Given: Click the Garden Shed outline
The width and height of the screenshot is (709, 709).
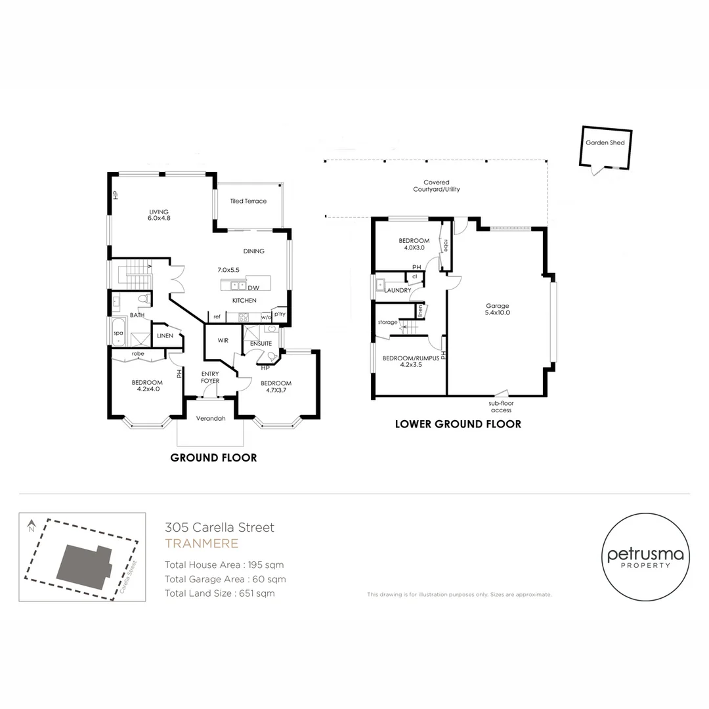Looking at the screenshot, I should (605, 149).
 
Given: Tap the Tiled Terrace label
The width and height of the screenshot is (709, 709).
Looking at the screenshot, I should (248, 201).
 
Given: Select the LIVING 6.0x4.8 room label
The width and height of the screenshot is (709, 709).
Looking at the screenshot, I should (159, 215).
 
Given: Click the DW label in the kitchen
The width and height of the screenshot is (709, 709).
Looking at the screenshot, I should (253, 288).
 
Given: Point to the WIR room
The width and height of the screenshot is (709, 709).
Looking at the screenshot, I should (214, 340).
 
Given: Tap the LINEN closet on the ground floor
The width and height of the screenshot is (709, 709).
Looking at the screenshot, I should (165, 336).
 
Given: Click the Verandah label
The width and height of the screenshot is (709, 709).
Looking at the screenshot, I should (211, 419).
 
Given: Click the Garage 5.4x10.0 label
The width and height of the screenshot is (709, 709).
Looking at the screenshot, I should (498, 309).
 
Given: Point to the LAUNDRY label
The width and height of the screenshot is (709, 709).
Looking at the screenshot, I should (398, 290).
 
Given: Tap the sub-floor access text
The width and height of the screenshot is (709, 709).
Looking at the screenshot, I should (501, 407).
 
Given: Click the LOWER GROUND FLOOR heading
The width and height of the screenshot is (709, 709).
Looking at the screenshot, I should (458, 424).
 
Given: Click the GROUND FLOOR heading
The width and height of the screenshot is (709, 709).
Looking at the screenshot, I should (213, 458).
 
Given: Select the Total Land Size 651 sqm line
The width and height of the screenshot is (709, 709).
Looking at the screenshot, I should (220, 593).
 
